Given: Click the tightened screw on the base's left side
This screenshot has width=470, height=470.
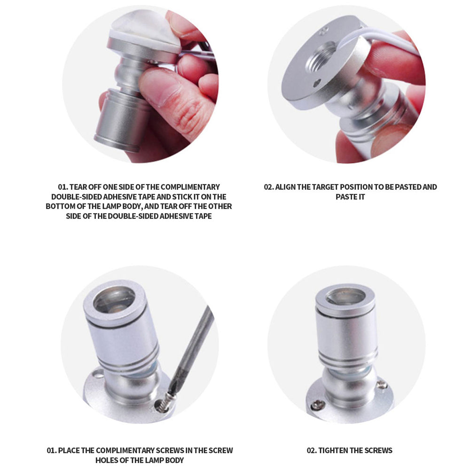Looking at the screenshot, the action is (318, 405).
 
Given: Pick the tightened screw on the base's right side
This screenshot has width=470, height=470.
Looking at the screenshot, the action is (382, 384).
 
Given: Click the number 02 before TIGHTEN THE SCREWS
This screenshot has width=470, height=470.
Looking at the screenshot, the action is (311, 451).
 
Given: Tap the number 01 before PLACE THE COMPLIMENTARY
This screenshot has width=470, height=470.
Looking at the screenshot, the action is (51, 451).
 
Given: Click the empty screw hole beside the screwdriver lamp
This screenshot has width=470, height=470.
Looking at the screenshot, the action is (96, 374).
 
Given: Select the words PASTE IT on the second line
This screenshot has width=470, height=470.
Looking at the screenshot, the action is (350, 197).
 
